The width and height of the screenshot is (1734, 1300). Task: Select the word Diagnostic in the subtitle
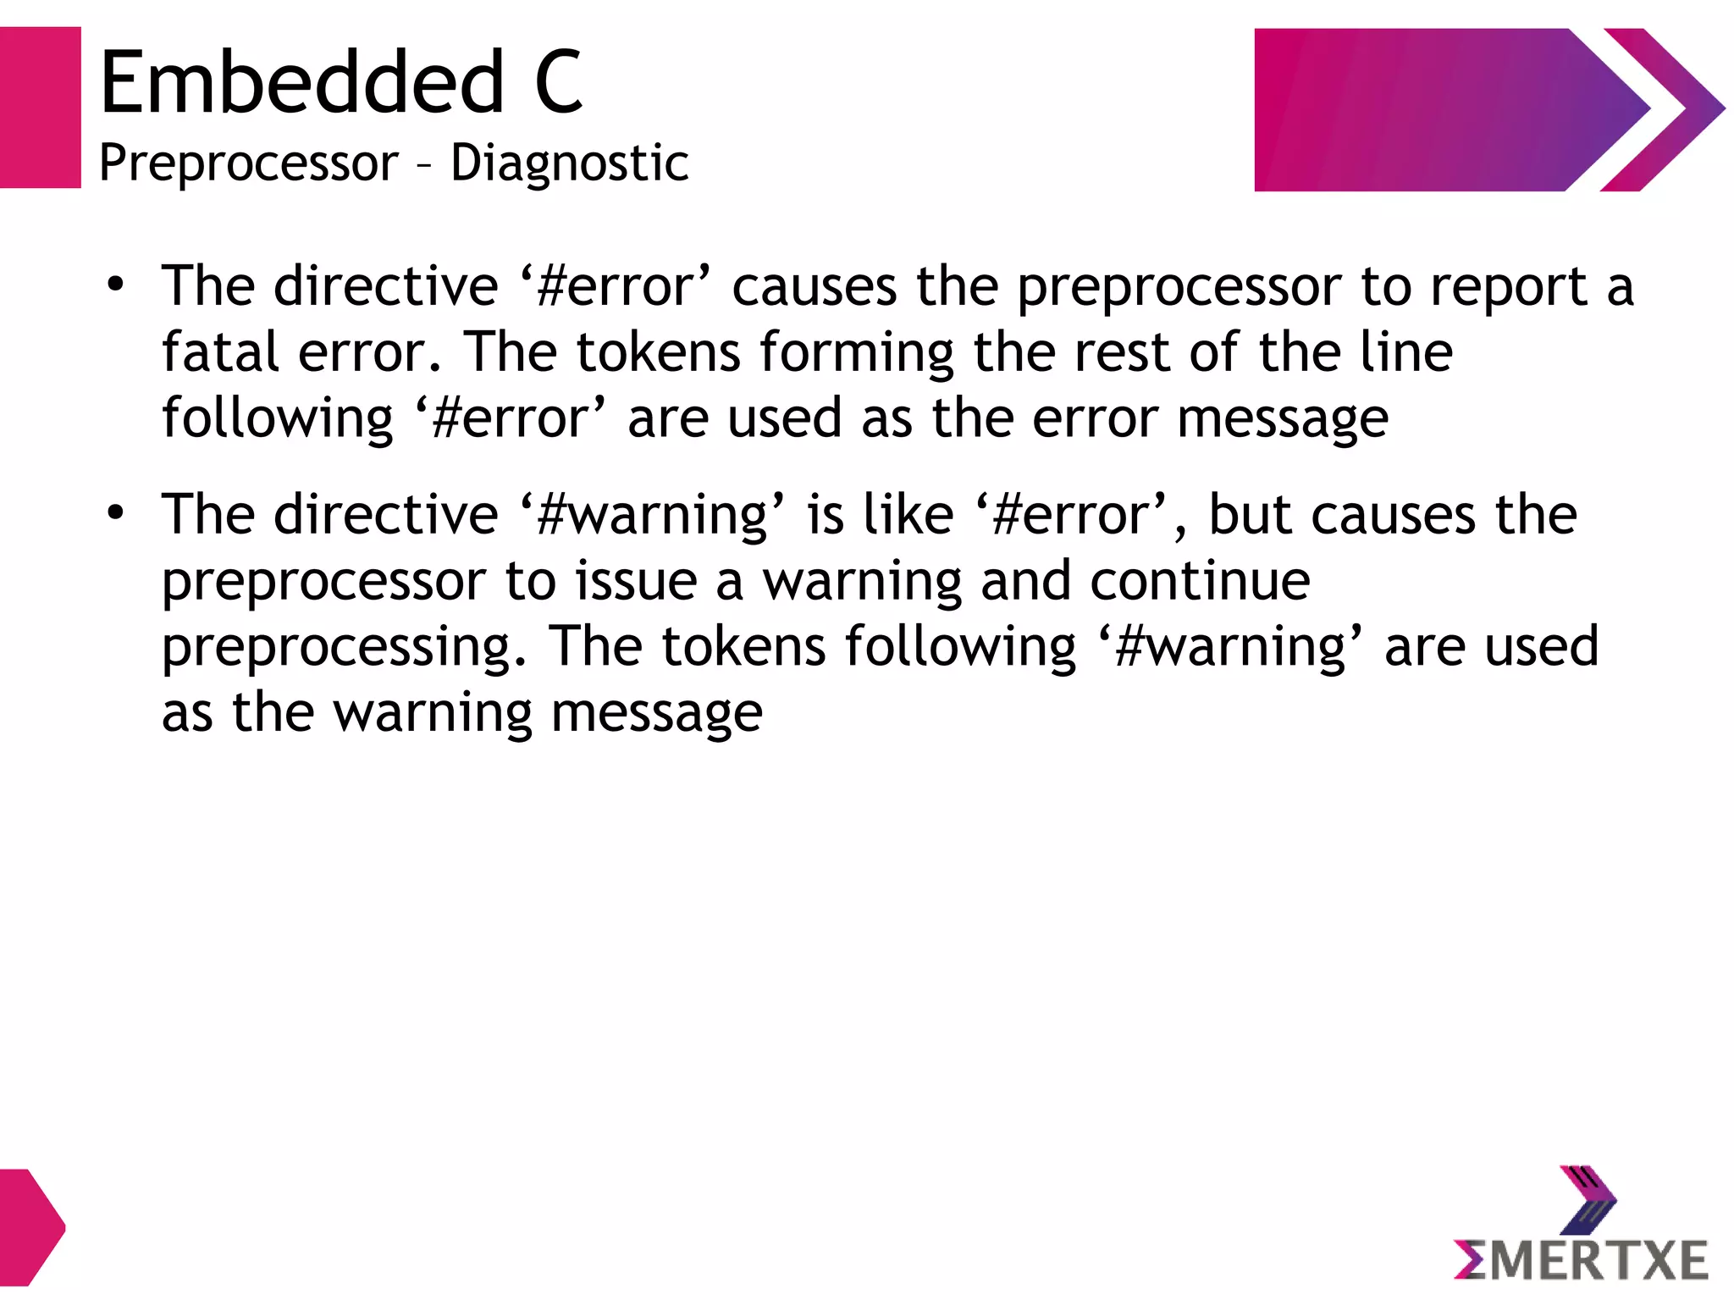coord(569,163)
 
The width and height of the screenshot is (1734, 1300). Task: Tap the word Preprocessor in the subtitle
coord(248,163)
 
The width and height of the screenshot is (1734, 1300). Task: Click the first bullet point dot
coord(116,285)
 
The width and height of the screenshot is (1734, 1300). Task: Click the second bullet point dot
coord(116,512)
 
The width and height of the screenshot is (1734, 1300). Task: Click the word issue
coord(636,581)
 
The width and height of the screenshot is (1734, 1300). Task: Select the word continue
coord(1200,581)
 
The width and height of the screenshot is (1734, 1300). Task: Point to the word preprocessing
coord(343,647)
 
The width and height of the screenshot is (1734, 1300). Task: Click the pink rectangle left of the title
coord(40,108)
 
